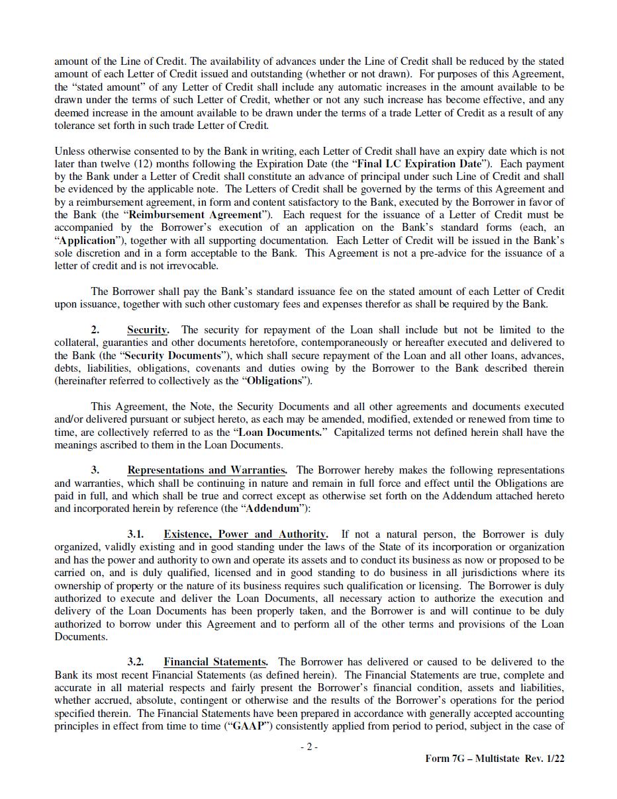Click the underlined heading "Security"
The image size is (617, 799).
[x=147, y=329]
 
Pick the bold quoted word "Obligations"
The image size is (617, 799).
[x=274, y=381]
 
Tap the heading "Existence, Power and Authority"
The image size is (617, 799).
[x=245, y=534]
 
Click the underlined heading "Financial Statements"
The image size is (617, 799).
[x=215, y=661]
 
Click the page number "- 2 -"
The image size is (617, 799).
[x=308, y=747]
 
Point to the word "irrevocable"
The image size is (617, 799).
[x=191, y=266]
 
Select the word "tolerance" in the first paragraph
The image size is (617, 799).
[x=75, y=125]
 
